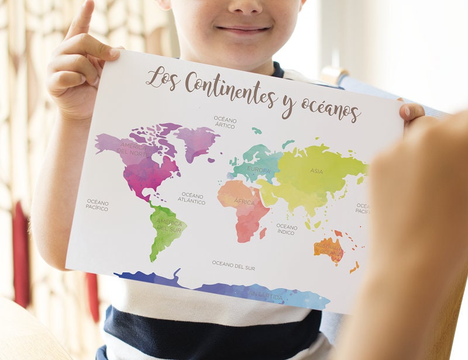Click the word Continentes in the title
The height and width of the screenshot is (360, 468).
click(230, 88)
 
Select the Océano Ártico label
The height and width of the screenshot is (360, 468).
click(225, 122)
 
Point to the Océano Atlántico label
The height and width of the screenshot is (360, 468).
click(192, 198)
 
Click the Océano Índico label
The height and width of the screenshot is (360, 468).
click(287, 229)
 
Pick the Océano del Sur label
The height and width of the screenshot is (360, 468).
click(233, 265)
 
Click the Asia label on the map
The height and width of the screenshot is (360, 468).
click(316, 171)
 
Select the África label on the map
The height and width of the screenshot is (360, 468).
click(245, 202)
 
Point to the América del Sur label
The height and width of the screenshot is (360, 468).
click(168, 226)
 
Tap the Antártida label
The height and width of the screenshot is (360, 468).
click(266, 296)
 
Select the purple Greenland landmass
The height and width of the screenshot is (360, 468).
click(196, 140)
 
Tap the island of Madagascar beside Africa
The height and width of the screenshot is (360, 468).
click(263, 233)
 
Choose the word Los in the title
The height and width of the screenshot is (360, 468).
click(161, 78)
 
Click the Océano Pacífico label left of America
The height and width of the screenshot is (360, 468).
click(97, 205)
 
